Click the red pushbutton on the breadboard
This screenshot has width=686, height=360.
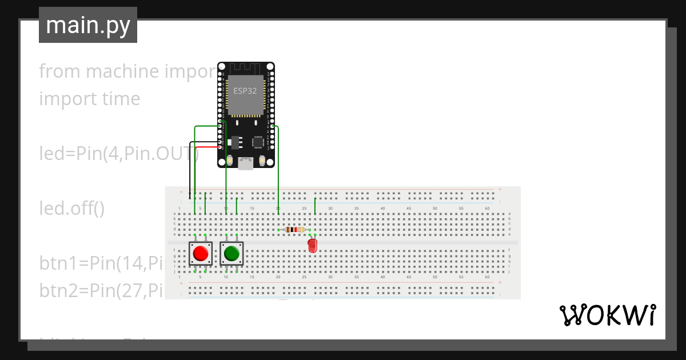(x=200, y=253)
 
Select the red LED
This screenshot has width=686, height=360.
(x=312, y=246)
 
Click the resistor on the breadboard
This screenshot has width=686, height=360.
(x=294, y=230)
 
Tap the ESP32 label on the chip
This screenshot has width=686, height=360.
(x=245, y=90)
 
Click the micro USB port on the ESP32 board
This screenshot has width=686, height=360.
(x=246, y=164)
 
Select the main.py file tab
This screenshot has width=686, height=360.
(x=88, y=25)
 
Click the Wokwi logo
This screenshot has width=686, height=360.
(x=607, y=315)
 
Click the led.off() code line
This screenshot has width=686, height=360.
(x=72, y=209)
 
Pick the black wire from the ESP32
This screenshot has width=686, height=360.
(x=190, y=171)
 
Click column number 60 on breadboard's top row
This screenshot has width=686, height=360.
(x=487, y=208)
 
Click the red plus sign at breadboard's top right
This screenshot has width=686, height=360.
(x=500, y=189)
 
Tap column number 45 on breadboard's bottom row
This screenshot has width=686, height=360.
(x=409, y=277)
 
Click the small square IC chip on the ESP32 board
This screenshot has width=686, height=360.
(x=258, y=142)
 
